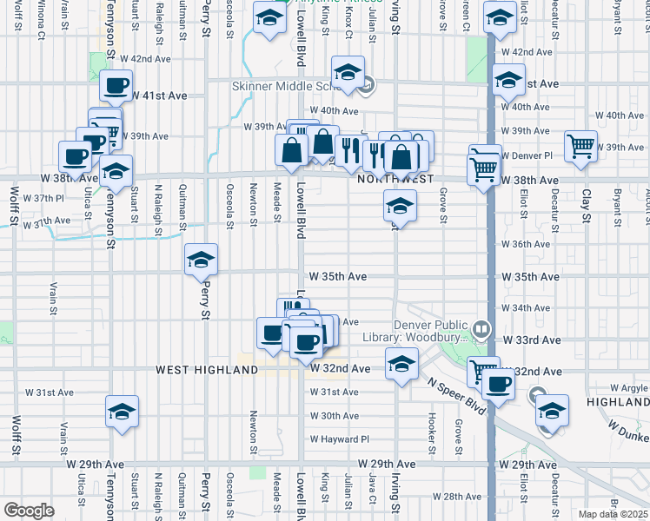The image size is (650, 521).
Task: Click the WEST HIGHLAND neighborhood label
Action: tap(207, 370)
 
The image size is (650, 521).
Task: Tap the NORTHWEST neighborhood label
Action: tap(395, 178)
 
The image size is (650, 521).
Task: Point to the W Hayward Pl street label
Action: tap(340, 439)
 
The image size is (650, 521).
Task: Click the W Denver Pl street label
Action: tap(527, 155)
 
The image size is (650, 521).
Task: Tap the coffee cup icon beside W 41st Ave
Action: tap(116, 85)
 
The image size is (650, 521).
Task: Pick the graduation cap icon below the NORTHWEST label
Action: tap(400, 206)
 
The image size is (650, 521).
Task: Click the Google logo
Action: tap(29, 511)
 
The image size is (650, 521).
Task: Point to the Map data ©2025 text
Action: tap(613, 514)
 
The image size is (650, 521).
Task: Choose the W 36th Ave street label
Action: tap(526, 245)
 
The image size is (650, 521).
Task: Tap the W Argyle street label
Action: tap(628, 387)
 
